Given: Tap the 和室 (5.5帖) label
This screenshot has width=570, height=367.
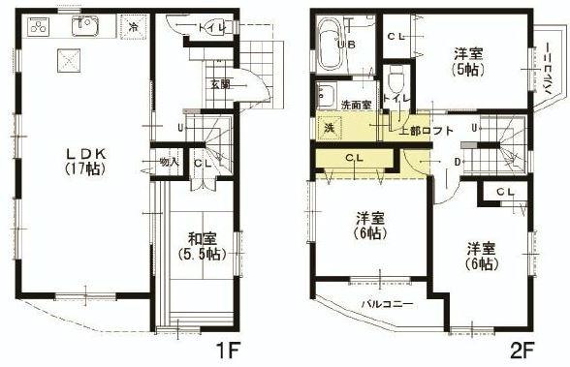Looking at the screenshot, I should click(x=202, y=247).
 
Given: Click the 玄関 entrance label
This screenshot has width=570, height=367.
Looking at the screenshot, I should click(x=219, y=84).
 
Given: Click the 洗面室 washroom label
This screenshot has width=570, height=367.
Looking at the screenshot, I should click(x=355, y=104).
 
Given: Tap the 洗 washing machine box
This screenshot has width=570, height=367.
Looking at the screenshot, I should click(x=330, y=127).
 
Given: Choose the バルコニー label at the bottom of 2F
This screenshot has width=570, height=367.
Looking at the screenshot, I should click(x=387, y=304).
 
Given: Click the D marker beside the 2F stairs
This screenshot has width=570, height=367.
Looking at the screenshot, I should click(x=458, y=161).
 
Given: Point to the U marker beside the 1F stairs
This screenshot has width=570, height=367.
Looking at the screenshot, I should click(x=179, y=126).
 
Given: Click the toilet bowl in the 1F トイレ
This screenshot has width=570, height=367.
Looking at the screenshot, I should click(x=178, y=28).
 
